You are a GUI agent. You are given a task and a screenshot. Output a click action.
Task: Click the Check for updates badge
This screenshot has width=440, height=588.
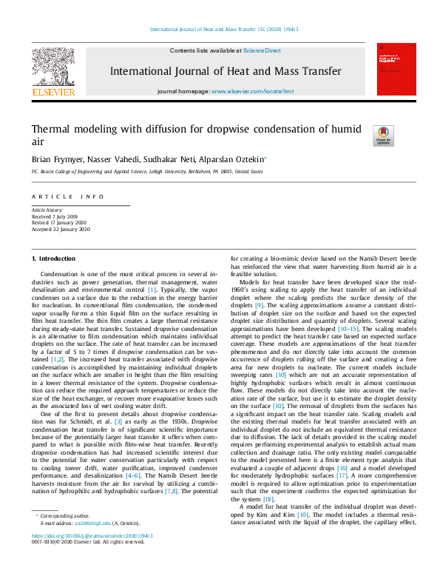tap(385, 134)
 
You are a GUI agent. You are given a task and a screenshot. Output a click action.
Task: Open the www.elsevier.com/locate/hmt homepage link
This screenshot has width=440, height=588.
tap(253, 91)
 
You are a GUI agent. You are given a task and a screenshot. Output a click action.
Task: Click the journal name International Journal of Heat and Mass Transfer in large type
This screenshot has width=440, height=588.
tap(226, 72)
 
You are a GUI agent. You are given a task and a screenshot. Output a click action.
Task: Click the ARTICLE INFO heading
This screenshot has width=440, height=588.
tap(67, 196)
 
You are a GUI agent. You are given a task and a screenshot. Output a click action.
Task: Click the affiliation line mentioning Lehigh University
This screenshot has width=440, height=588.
tap(146, 171)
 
